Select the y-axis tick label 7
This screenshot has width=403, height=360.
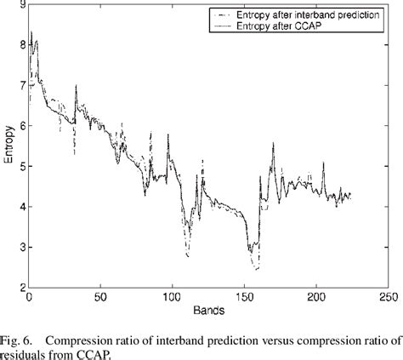coord(21,86)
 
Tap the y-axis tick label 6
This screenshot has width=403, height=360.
coord(21,126)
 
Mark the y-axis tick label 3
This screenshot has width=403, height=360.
coord(21,248)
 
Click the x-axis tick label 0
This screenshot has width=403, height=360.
coord(30,299)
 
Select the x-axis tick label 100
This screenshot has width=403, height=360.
coord(171,299)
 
